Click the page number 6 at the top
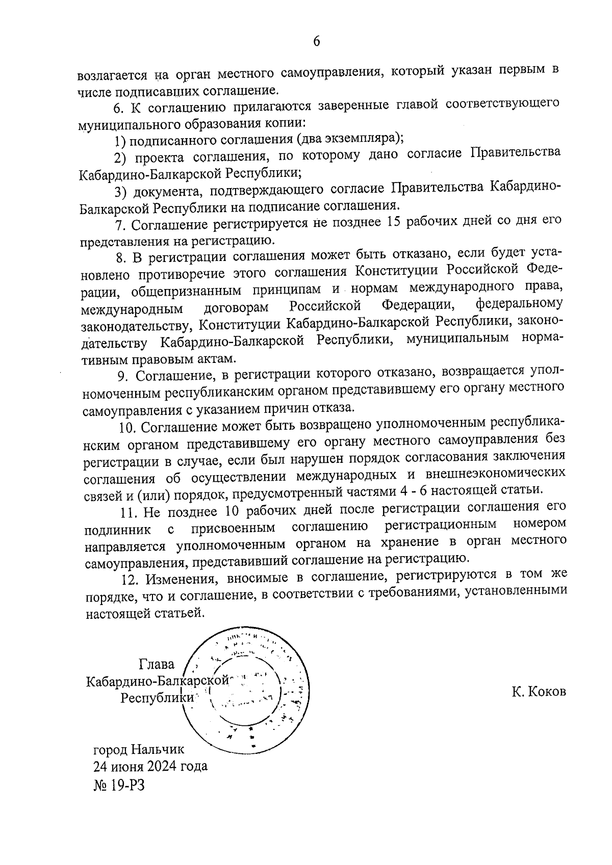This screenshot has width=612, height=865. tap(316, 41)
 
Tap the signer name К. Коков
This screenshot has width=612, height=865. tap(539, 692)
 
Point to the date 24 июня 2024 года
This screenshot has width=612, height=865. tap(150, 766)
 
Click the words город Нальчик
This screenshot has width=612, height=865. tap(138, 749)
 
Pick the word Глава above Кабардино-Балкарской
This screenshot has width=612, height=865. tap(156, 664)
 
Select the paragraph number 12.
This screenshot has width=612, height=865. tap(130, 579)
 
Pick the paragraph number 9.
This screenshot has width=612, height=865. tap(124, 375)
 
